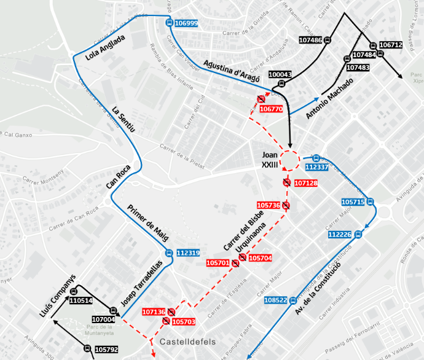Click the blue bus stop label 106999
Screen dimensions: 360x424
coord(186,23)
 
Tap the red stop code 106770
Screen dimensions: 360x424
coord(271,109)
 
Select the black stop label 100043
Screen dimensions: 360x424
coord(280,74)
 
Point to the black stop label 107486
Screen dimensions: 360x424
coord(310,41)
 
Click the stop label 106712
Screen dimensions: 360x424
coord(391,45)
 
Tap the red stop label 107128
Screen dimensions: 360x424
coord(305,183)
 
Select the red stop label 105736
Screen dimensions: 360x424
coord(269,205)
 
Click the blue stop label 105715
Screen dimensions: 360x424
coord(353,202)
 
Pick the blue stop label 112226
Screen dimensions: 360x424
coord(339,235)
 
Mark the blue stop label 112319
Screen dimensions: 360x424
coord(188,253)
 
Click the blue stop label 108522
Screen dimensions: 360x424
coord(275,300)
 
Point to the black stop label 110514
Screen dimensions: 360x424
coord(80,301)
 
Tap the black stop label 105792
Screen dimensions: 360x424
coord(106,350)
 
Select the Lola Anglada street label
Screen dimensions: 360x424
coord(106,48)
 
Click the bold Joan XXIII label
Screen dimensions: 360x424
coord(270,160)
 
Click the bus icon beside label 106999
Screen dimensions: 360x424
coord(169,23)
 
